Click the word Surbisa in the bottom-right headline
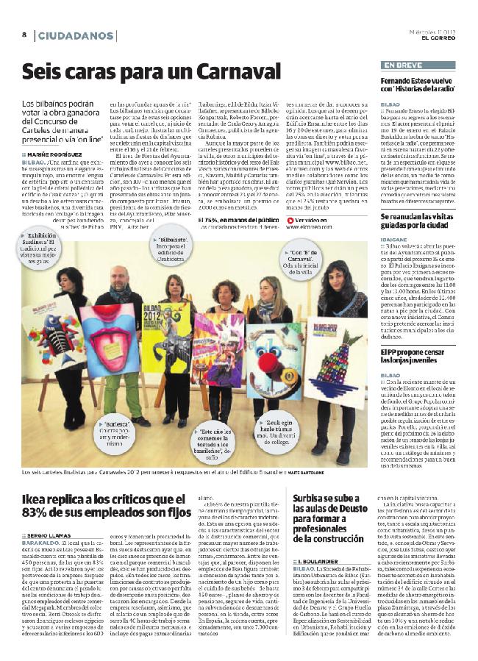315,477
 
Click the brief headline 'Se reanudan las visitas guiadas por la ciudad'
418,222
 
